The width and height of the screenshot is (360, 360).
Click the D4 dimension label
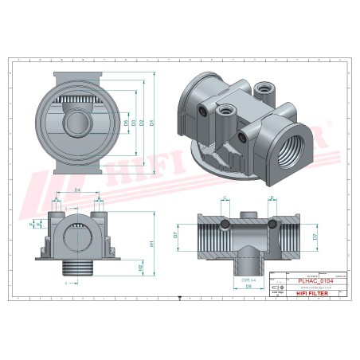[x=76, y=191]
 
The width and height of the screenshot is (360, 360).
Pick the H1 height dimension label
[x=151, y=243]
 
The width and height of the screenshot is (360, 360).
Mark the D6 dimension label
[x=248, y=284]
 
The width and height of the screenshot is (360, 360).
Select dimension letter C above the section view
[x=225, y=198]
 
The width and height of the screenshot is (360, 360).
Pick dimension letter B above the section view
[x=271, y=198]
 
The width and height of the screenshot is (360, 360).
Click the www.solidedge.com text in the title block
[x=313, y=287]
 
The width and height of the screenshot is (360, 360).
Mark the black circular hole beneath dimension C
[x=225, y=225]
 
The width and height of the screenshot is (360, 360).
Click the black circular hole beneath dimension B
[x=272, y=225]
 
